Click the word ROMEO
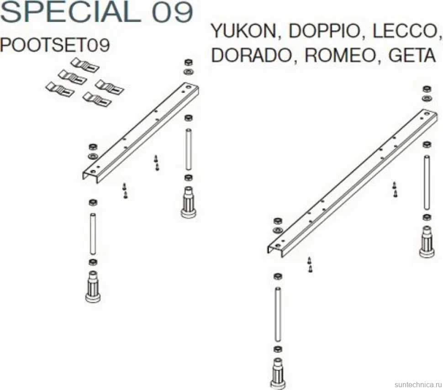pos(340,55)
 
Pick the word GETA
pos(412,55)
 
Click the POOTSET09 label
pos(55,45)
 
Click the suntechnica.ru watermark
pos(417,385)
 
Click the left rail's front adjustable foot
pos(93,286)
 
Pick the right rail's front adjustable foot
pos(278,374)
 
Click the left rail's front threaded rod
pos(93,234)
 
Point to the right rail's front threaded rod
pos(278,315)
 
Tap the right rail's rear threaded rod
pos(427,183)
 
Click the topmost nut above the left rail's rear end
pos(189,63)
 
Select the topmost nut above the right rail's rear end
pos(427,89)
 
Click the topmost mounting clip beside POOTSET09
pos(84,65)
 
